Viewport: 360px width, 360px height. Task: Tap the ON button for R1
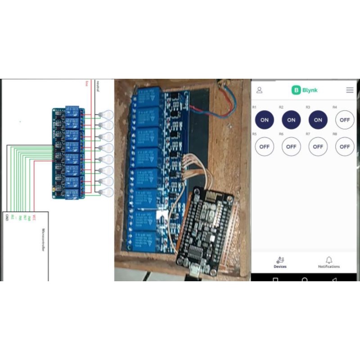pos(264,120)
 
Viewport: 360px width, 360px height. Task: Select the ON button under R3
pos(318,120)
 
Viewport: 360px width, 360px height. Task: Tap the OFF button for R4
pos(345,120)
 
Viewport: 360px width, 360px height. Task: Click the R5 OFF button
pos(264,147)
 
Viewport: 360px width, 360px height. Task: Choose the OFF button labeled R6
pos(291,147)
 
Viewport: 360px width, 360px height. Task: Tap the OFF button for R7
pos(318,147)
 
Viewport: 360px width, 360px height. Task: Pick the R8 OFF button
pos(345,147)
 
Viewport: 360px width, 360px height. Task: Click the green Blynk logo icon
pos(296,90)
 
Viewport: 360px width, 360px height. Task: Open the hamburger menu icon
pos(350,90)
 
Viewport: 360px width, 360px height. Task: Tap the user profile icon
pos(260,90)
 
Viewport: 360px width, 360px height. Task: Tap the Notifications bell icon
pos(329,261)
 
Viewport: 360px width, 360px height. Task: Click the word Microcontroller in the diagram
pos(42,238)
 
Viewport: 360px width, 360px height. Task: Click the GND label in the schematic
pos(7,217)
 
